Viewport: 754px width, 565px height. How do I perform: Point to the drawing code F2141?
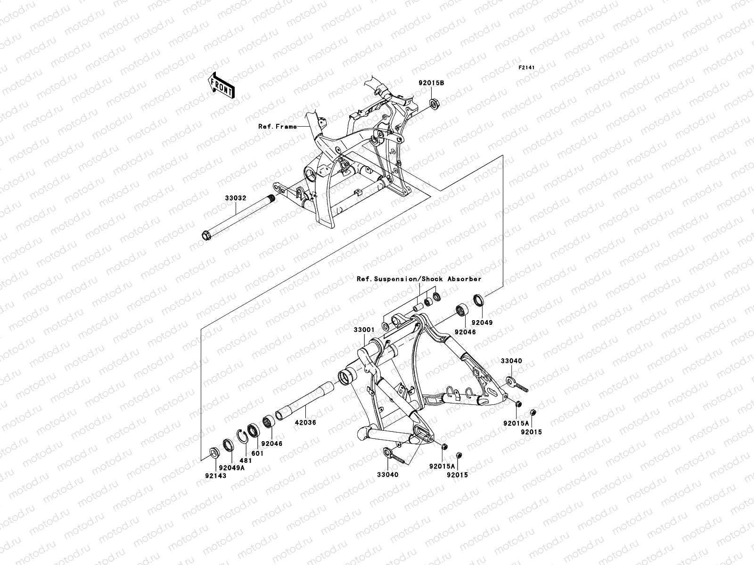pos(528,68)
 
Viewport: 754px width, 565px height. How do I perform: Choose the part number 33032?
pos(235,199)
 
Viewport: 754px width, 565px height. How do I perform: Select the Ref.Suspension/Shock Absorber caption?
pos(419,279)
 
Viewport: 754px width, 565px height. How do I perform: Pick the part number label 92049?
pos(482,323)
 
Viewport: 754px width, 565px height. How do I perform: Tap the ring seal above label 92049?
pos(479,299)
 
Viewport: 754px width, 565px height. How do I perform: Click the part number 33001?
pos(364,331)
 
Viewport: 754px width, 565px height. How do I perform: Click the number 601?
pos(258,453)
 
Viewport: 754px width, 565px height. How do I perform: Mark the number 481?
pos(246,461)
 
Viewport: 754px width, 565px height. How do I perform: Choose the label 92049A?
pos(231,468)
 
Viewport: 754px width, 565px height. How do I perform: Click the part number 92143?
pos(215,476)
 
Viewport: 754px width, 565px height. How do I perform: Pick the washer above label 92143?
pos(213,453)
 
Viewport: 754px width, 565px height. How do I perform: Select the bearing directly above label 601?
pos(253,430)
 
